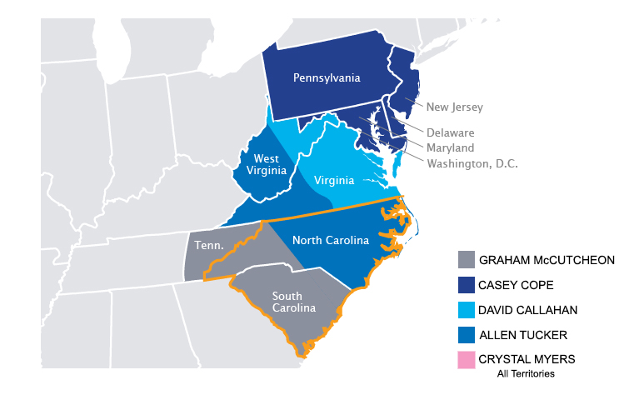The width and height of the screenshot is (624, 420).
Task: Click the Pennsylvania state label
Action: [327, 78]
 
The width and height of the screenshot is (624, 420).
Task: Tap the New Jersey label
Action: [454, 107]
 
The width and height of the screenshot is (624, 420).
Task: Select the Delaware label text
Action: [450, 132]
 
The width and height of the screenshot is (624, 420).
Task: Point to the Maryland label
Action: [450, 147]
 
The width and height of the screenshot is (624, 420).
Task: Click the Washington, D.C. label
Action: [472, 163]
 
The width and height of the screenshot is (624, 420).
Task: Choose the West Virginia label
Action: [266, 166]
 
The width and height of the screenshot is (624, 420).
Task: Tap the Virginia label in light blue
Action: [334, 180]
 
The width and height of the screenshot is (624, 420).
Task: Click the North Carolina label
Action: [330, 241]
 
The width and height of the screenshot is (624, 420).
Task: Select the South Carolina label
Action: [287, 302]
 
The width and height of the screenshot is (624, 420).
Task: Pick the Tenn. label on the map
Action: [207, 246]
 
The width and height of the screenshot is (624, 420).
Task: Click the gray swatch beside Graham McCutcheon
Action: [467, 260]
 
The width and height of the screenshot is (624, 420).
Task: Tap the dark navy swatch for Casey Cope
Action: [467, 285]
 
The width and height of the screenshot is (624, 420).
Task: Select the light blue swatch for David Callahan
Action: [467, 310]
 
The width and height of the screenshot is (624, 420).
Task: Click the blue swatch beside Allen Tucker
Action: [467, 335]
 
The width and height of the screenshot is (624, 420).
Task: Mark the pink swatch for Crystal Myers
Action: [467, 360]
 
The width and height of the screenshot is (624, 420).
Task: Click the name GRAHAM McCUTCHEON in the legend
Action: [548, 260]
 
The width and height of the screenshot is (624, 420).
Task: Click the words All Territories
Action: [525, 374]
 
